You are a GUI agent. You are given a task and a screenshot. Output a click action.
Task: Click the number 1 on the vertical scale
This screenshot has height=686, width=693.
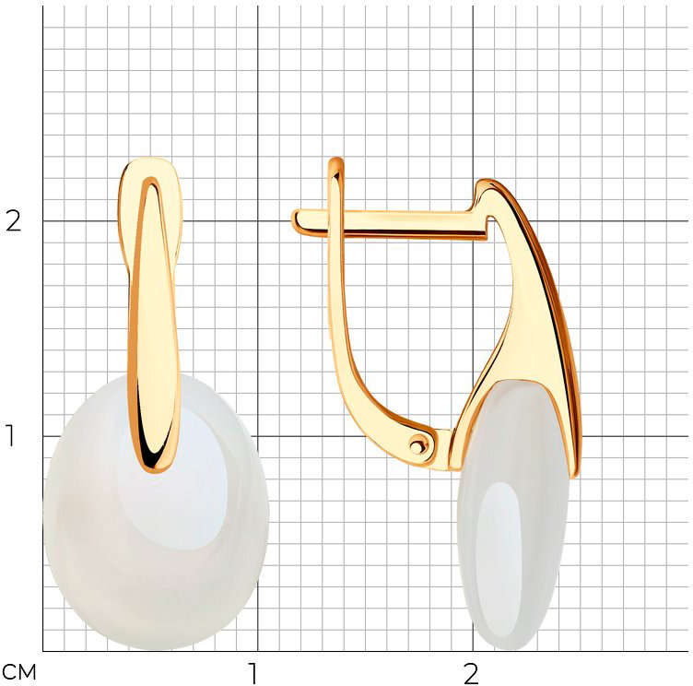click(10, 435)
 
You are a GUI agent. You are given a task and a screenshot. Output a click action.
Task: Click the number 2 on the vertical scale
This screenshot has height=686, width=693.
click(13, 221)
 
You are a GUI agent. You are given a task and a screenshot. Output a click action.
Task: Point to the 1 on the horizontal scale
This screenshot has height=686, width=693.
click(253, 674)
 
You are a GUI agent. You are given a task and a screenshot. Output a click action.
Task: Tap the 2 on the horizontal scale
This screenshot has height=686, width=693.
click(471, 674)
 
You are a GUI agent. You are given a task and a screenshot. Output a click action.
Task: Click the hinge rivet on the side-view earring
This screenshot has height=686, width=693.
click(417, 446)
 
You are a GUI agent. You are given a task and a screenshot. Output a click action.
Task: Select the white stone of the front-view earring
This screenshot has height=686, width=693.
click(156, 513)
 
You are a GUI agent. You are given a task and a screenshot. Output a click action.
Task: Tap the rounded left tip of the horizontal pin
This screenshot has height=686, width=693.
click(294, 219)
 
